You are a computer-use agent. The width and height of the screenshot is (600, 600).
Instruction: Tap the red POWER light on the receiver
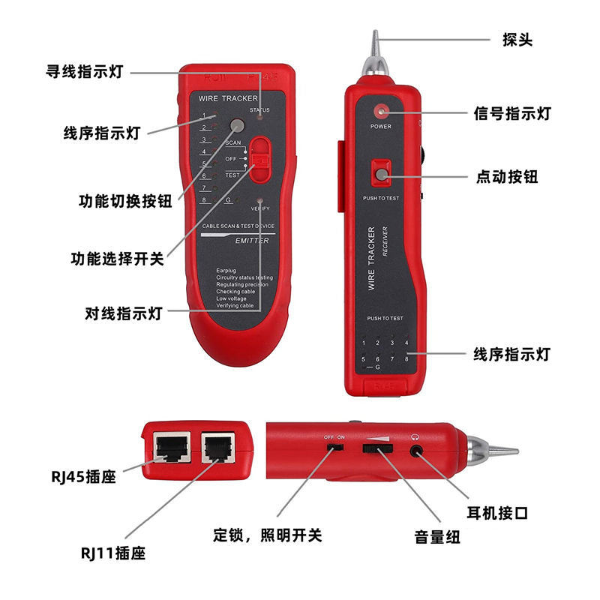381,112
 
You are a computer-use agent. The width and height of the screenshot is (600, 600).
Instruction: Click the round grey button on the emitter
238,125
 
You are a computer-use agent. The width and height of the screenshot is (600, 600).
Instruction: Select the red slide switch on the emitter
259,159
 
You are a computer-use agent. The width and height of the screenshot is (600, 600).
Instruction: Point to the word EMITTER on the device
252,240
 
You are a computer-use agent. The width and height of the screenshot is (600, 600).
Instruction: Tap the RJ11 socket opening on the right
217,448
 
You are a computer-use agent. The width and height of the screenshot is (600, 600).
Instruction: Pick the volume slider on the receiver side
378,449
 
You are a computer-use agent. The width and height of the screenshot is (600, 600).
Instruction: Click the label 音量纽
437,537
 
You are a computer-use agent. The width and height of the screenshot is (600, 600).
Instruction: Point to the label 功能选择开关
117,259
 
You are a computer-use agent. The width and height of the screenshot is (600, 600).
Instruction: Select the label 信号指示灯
512,114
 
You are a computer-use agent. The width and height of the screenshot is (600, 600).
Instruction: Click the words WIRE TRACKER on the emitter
228,99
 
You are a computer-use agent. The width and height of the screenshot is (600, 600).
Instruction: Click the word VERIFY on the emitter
259,208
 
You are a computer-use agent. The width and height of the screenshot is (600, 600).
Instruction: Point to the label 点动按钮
507,177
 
